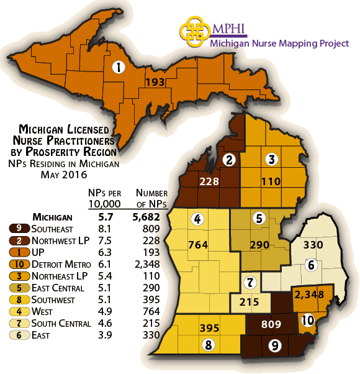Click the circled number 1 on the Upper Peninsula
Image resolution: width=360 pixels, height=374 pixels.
118,68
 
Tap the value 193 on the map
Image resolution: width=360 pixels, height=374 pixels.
155,82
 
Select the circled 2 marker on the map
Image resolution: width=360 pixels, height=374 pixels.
230,160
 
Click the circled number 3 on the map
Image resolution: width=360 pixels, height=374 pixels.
271,160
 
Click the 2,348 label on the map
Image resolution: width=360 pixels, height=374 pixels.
311,294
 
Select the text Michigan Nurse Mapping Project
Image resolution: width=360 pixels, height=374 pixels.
279,43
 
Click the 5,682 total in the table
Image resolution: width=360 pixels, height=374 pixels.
146,217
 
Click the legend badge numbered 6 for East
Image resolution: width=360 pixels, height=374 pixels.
14,335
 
